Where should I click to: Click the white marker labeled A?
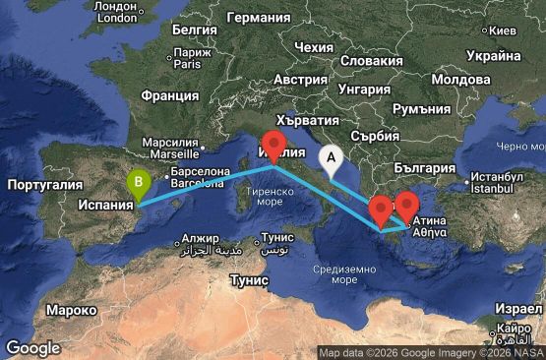332,155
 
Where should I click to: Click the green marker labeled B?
141,182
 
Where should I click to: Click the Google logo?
32,347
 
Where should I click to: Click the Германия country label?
258,18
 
